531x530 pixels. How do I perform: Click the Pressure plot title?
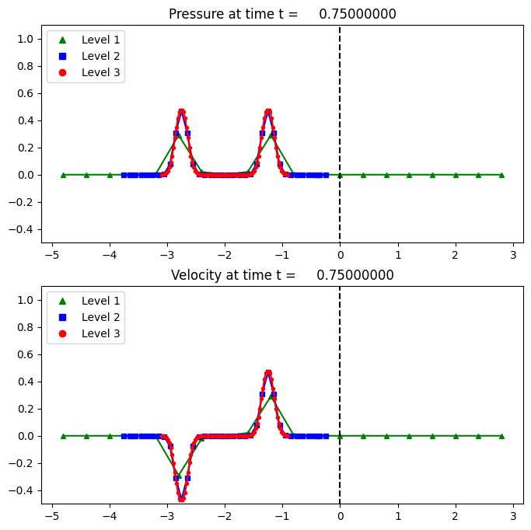(282, 14)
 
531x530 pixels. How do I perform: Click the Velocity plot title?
(282, 275)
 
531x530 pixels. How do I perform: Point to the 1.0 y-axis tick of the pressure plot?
(26, 39)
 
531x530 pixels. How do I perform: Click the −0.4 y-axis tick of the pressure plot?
(23, 229)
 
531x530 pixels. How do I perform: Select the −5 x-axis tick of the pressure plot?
(51, 253)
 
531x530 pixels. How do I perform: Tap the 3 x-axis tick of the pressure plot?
(513, 253)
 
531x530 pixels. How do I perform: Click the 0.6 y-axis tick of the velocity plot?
(26, 354)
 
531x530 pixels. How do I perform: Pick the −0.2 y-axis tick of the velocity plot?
(23, 463)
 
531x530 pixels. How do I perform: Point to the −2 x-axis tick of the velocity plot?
(225, 514)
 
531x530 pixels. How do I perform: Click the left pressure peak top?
(181, 111)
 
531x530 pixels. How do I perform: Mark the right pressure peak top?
(268, 111)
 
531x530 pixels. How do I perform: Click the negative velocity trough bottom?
(181, 499)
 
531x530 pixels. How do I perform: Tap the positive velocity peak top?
(268, 372)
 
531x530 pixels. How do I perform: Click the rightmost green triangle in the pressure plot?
(501, 175)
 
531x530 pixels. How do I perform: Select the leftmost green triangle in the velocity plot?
(63, 436)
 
